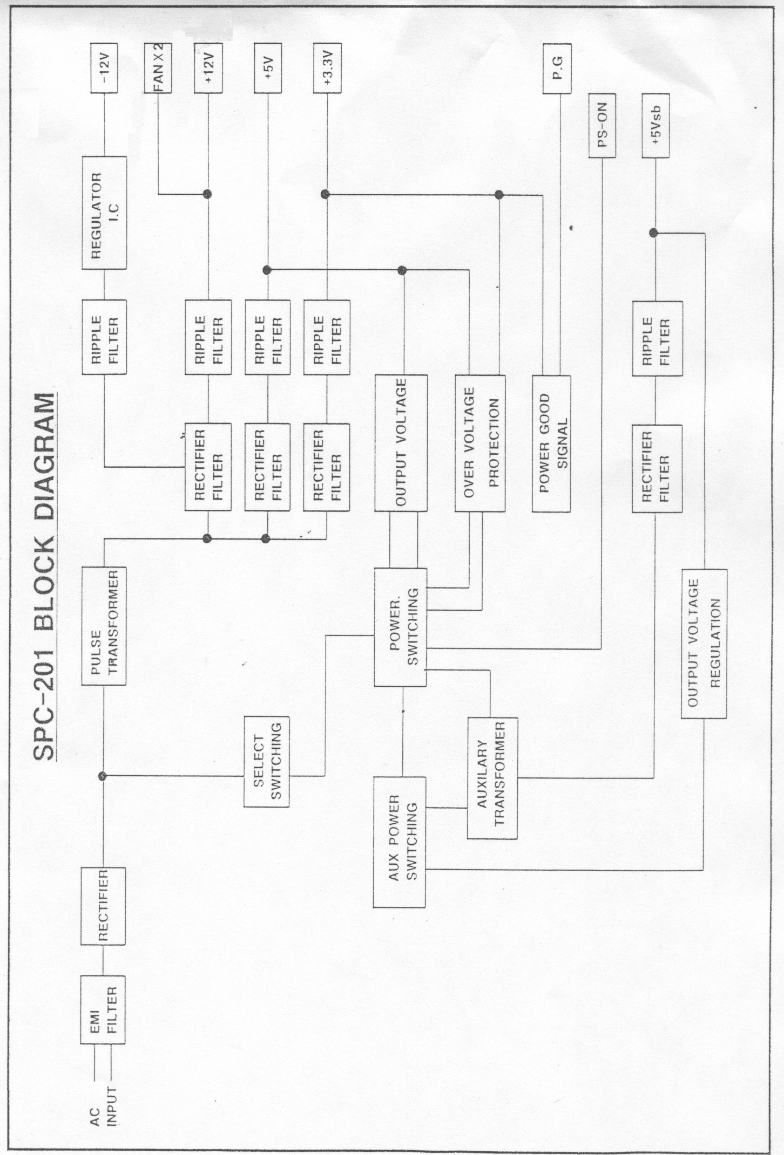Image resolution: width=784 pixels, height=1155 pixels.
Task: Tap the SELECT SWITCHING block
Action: pyautogui.click(x=266, y=761)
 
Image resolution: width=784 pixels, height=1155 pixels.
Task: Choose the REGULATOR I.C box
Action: pyautogui.click(x=104, y=213)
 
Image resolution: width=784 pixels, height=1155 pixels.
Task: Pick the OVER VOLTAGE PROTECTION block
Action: pyautogui.click(x=480, y=443)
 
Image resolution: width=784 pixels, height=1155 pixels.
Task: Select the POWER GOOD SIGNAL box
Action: pyautogui.click(x=551, y=443)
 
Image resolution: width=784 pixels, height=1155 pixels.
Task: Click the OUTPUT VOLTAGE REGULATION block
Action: pyautogui.click(x=704, y=644)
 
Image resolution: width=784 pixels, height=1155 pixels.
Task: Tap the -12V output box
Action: pyautogui.click(x=104, y=71)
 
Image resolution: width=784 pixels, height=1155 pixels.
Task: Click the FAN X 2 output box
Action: pyautogui.click(x=158, y=71)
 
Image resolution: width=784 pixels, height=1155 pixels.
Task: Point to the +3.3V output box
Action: pyautogui.click(x=327, y=71)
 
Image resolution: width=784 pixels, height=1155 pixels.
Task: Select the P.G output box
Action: pyautogui.click(x=557, y=71)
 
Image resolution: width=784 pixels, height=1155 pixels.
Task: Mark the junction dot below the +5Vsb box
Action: pyautogui.click(x=654, y=233)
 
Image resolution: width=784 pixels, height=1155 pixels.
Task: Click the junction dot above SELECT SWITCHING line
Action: pyautogui.click(x=103, y=776)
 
